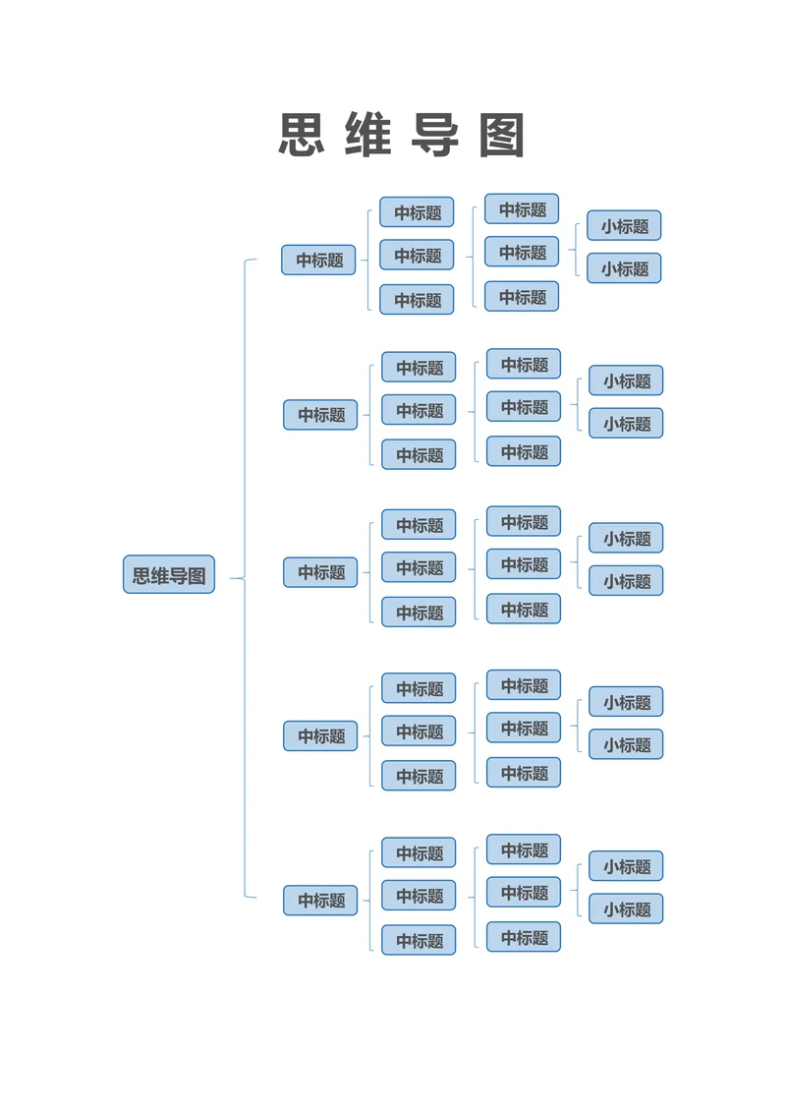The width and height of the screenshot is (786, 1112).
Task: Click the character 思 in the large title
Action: coord(302,136)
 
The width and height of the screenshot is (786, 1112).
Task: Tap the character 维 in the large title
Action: coord(368,136)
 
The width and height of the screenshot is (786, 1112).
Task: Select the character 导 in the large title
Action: coord(435,136)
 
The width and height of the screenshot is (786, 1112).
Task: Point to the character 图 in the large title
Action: coord(502,136)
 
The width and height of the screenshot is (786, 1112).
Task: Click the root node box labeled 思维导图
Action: coord(169,574)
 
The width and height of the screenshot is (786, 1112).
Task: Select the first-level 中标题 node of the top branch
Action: coord(318,260)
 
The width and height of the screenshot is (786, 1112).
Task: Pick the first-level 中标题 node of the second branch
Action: coord(320,415)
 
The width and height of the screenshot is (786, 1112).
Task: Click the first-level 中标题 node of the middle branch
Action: coord(320,572)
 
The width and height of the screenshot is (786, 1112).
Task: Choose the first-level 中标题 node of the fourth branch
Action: coord(320,735)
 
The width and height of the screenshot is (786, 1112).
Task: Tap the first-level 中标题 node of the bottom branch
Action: coord(320,900)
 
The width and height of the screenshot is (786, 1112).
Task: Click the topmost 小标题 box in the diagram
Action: coord(624,225)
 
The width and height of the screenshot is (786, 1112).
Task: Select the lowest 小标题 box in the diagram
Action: coord(626,908)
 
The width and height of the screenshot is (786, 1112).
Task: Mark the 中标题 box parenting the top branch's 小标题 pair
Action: coord(522,252)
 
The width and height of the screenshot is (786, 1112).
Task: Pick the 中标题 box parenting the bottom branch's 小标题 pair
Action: coord(524,892)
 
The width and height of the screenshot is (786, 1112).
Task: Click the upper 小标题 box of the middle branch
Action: coord(626,538)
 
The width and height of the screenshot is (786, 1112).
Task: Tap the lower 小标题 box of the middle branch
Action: coord(626,580)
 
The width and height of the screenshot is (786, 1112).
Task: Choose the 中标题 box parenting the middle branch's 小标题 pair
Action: coord(524,564)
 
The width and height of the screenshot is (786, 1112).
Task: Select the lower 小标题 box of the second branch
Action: coord(626,423)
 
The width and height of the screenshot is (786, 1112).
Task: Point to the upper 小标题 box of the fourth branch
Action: coord(626,702)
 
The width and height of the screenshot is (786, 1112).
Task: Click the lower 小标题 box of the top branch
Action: coord(624,267)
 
